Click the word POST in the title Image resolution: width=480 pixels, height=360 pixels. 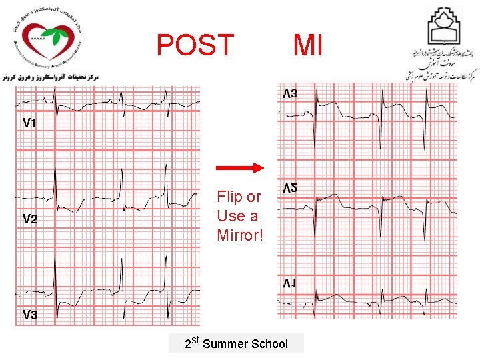(x=195, y=45)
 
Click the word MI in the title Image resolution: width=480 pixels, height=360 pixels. (x=308, y=45)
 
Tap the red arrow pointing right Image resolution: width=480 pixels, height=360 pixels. (x=241, y=169)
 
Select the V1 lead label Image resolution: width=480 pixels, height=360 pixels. (x=30, y=123)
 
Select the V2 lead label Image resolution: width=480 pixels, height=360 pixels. (x=30, y=219)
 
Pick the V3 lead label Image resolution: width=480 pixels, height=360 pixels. (x=30, y=315)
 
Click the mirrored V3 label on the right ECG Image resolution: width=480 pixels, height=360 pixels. (x=290, y=94)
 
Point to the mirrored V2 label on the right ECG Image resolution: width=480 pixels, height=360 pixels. (x=290, y=189)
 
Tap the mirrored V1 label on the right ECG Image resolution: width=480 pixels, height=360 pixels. (x=290, y=285)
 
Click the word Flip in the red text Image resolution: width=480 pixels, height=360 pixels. (x=230, y=197)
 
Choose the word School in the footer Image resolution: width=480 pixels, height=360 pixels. (x=269, y=344)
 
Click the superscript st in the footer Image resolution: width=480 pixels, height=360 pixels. (x=195, y=341)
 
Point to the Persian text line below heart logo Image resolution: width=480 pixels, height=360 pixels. (x=51, y=77)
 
